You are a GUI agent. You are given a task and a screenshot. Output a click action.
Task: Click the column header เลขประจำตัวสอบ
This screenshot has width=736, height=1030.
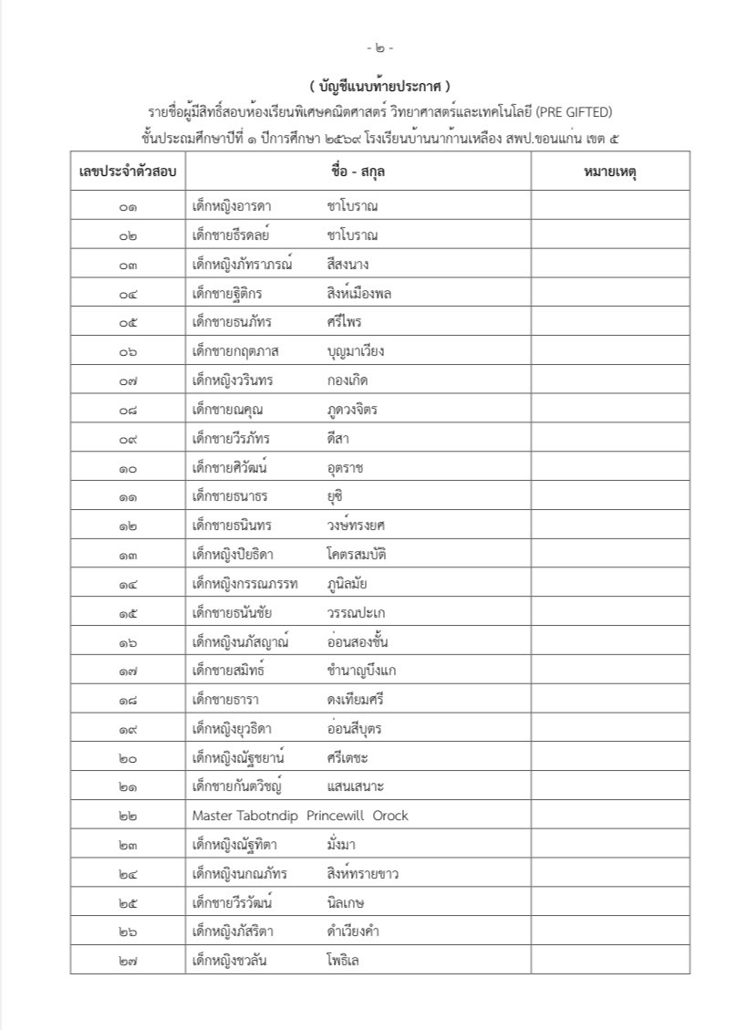(128, 172)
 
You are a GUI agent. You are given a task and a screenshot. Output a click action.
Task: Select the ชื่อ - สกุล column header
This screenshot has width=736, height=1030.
(358, 172)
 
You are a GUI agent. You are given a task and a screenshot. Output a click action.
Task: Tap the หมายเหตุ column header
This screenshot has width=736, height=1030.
(609, 172)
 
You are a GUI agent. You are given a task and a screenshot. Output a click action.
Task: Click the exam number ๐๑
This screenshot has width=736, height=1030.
(128, 206)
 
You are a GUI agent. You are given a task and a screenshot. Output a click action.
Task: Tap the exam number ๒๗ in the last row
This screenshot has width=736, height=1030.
(128, 961)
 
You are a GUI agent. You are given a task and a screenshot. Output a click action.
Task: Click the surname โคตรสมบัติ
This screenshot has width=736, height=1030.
(358, 555)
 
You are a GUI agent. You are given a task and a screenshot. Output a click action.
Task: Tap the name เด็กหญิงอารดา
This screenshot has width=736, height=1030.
(233, 206)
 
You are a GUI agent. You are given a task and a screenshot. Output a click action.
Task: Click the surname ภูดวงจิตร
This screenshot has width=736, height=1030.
(351, 410)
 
